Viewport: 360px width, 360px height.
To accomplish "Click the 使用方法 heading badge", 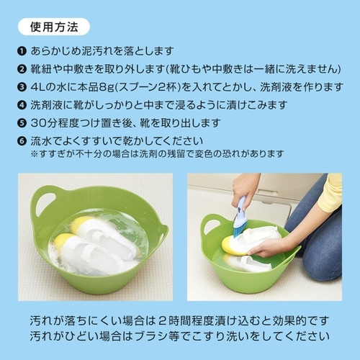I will coord(52,27).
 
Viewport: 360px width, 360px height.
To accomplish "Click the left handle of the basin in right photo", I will coord(212,225).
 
